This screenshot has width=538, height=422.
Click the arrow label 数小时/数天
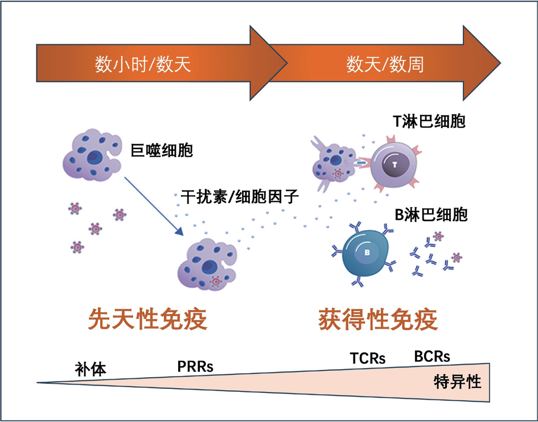pyautogui.click(x=143, y=65)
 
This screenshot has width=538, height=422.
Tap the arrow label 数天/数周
pyautogui.click(x=385, y=65)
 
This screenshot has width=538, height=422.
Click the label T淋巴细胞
pyautogui.click(x=429, y=121)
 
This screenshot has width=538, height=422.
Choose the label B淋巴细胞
pyautogui.click(x=431, y=215)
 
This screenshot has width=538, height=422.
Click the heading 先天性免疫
pyautogui.click(x=147, y=319)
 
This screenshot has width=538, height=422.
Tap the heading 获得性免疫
pyautogui.click(x=378, y=319)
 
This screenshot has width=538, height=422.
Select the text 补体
pyautogui.click(x=91, y=369)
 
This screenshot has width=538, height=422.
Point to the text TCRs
pyautogui.click(x=367, y=358)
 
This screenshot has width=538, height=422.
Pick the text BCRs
pyautogui.click(x=432, y=357)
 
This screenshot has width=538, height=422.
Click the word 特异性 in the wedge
pyautogui.click(x=457, y=380)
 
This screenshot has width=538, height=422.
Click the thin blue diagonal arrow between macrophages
pyautogui.click(x=153, y=205)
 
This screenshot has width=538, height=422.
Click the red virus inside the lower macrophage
pyautogui.click(x=215, y=280)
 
